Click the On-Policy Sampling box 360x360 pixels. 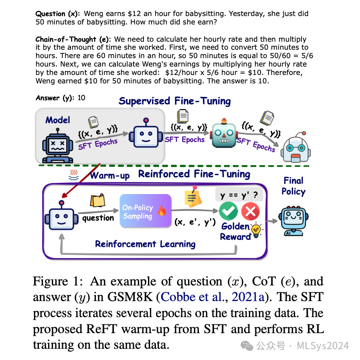[146, 211]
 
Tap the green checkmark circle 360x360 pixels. [229, 211]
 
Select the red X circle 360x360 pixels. [251, 211]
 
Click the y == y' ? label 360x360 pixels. [239, 195]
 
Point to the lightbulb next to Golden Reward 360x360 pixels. [256, 230]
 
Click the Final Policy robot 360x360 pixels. [293, 220]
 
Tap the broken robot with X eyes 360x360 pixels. [58, 146]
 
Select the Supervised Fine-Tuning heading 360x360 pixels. [175, 101]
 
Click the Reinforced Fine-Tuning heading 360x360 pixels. [194, 174]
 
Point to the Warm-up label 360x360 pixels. [110, 176]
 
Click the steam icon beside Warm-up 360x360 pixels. [74, 175]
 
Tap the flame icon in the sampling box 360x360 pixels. [162, 210]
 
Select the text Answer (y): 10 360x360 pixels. [61, 98]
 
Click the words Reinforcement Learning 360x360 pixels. [146, 244]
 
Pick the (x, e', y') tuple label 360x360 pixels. [195, 222]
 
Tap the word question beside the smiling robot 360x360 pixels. [98, 218]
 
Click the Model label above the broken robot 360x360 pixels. [58, 120]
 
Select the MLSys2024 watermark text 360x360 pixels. [323, 346]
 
